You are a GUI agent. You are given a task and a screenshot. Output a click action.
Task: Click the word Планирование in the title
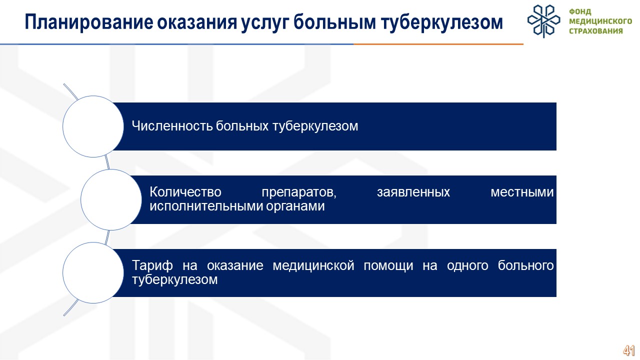[x=89, y=22]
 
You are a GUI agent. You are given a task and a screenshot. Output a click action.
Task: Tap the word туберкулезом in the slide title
[x=441, y=22]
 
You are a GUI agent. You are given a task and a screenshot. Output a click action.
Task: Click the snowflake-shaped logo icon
[x=543, y=21]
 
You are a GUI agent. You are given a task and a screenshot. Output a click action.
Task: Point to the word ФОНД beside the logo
[x=580, y=11]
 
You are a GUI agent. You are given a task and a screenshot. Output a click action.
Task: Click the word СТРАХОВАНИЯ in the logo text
[x=596, y=31]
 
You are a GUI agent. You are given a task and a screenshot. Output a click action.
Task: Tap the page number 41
[x=629, y=350]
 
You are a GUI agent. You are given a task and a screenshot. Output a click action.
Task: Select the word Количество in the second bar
[x=185, y=191]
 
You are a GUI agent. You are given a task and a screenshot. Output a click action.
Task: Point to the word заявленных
[x=413, y=192]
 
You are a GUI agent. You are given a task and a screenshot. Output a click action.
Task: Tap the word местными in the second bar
[x=522, y=192]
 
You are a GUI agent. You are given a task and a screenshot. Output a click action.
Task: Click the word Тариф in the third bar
[x=152, y=265]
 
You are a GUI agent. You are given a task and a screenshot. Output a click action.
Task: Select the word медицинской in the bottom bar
[x=313, y=266]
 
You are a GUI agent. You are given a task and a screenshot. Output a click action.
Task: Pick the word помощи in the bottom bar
[x=388, y=266]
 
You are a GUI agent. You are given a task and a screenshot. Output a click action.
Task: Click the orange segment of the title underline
[x=438, y=44]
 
